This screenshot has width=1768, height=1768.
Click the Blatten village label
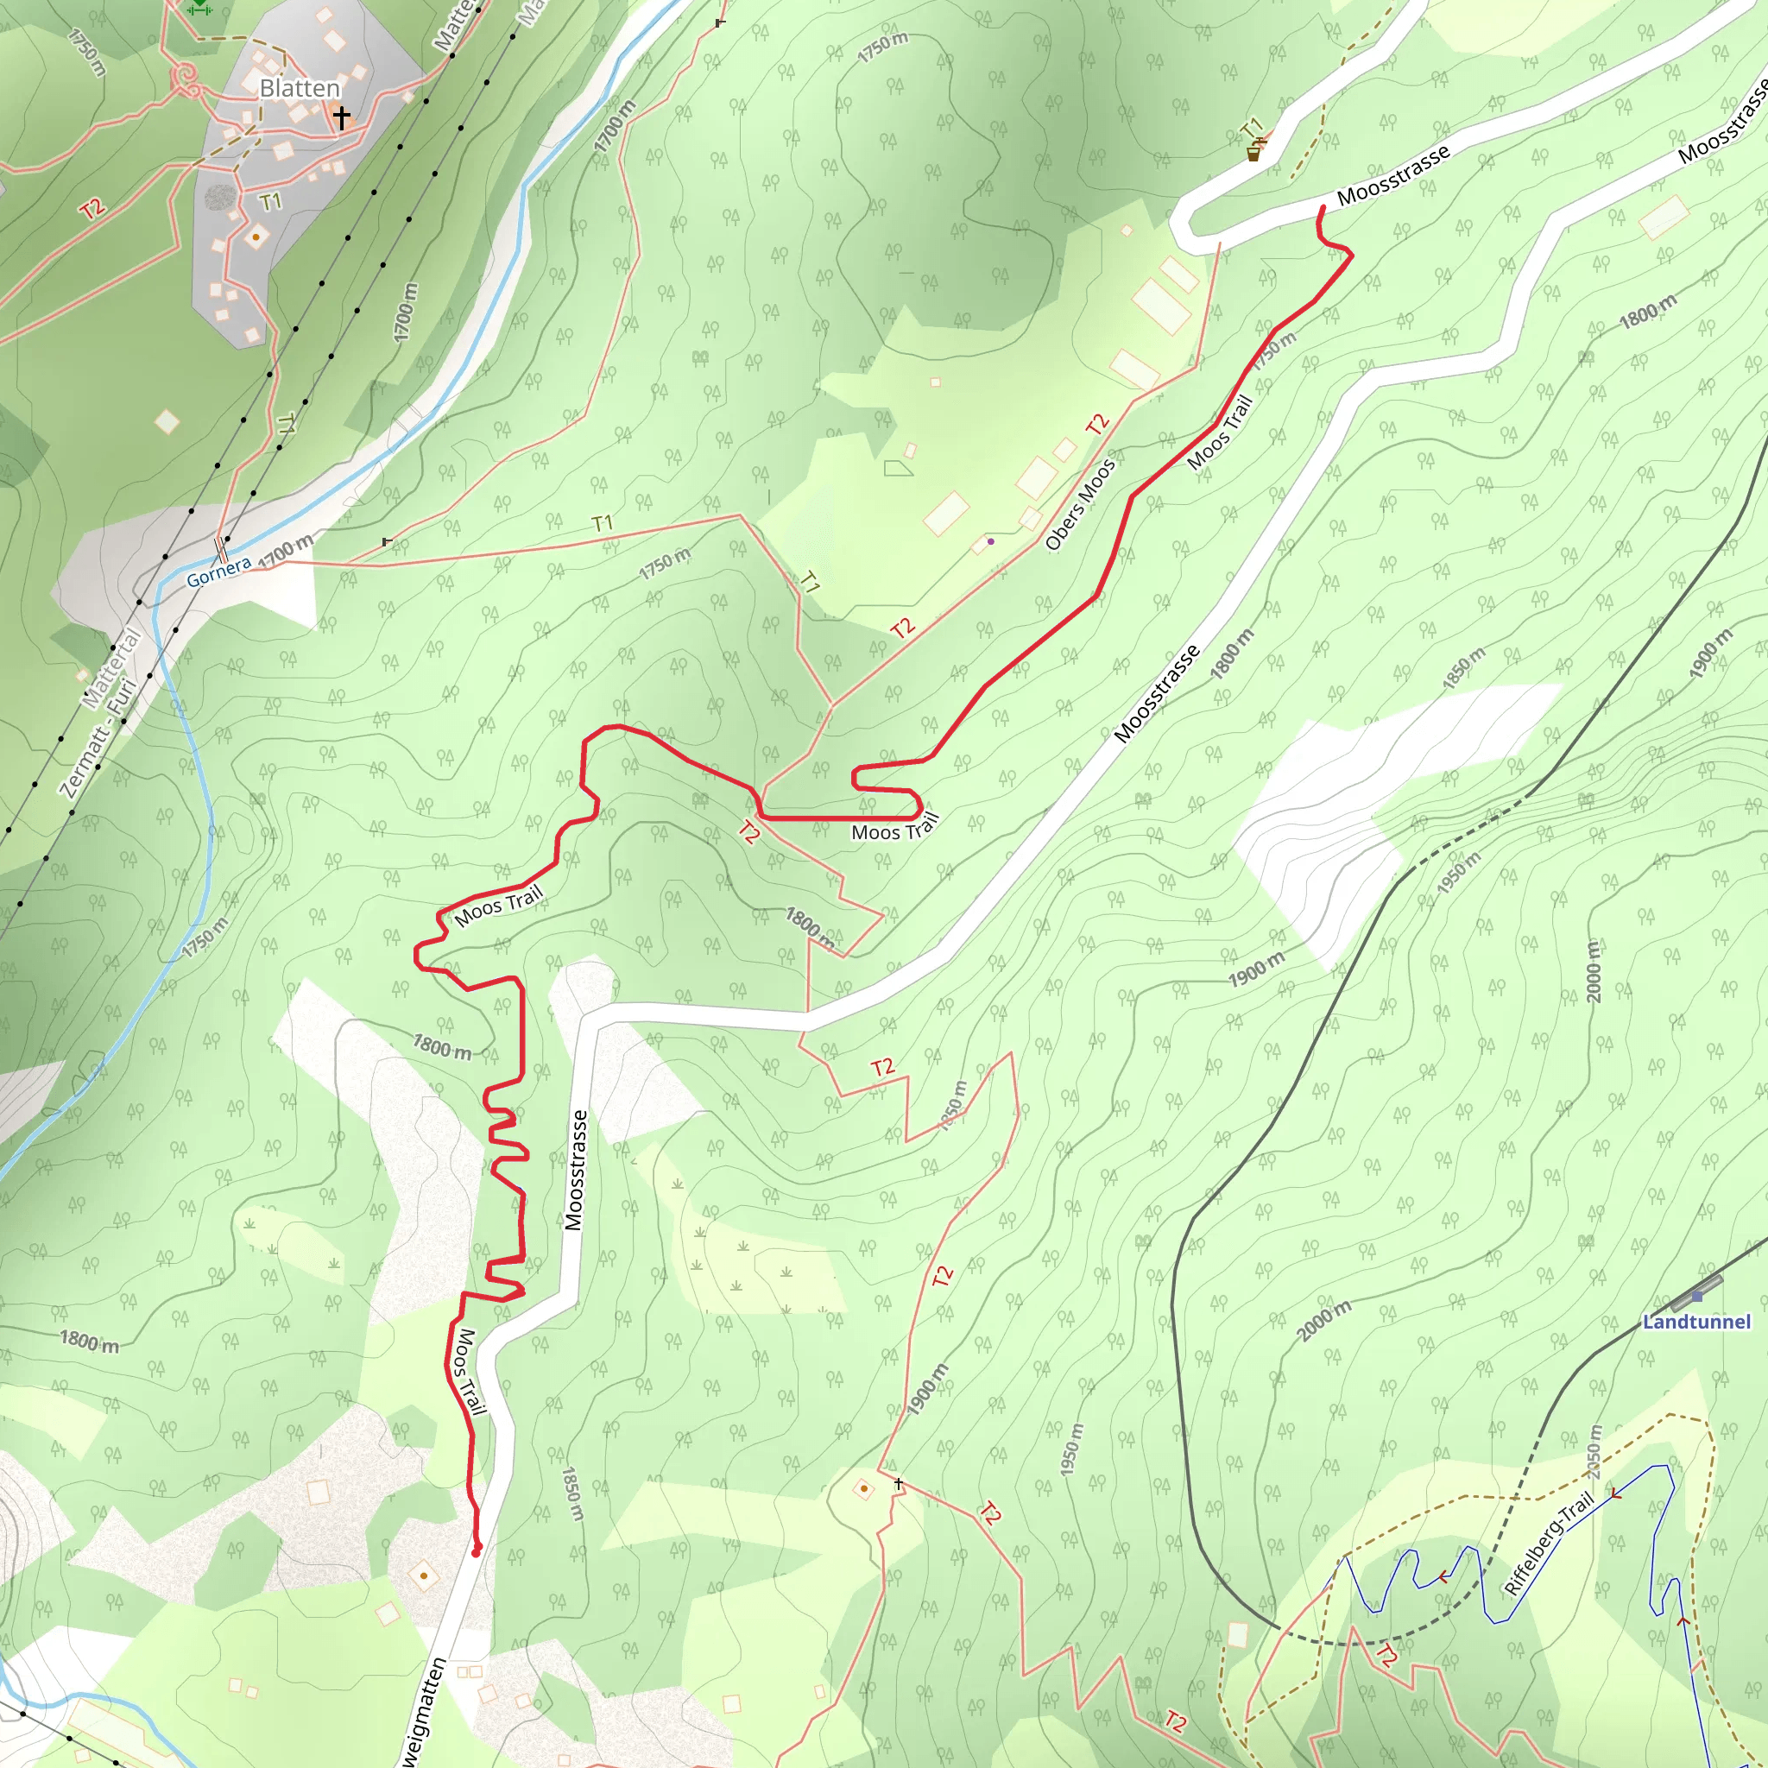pos(300,89)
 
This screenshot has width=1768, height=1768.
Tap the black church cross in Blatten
pos(341,117)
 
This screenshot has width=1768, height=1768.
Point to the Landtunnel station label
pos(1695,1322)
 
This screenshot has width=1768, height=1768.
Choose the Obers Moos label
pos(1080,504)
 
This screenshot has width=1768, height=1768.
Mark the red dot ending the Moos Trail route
pos(476,1552)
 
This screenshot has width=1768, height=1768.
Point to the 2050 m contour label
pos(1591,1452)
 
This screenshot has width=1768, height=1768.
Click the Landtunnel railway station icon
pos(1697,1296)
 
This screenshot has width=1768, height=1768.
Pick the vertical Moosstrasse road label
pos(575,1170)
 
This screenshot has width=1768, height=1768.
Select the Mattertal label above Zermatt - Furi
pos(110,668)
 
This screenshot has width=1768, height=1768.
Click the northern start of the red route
pos(1323,209)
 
